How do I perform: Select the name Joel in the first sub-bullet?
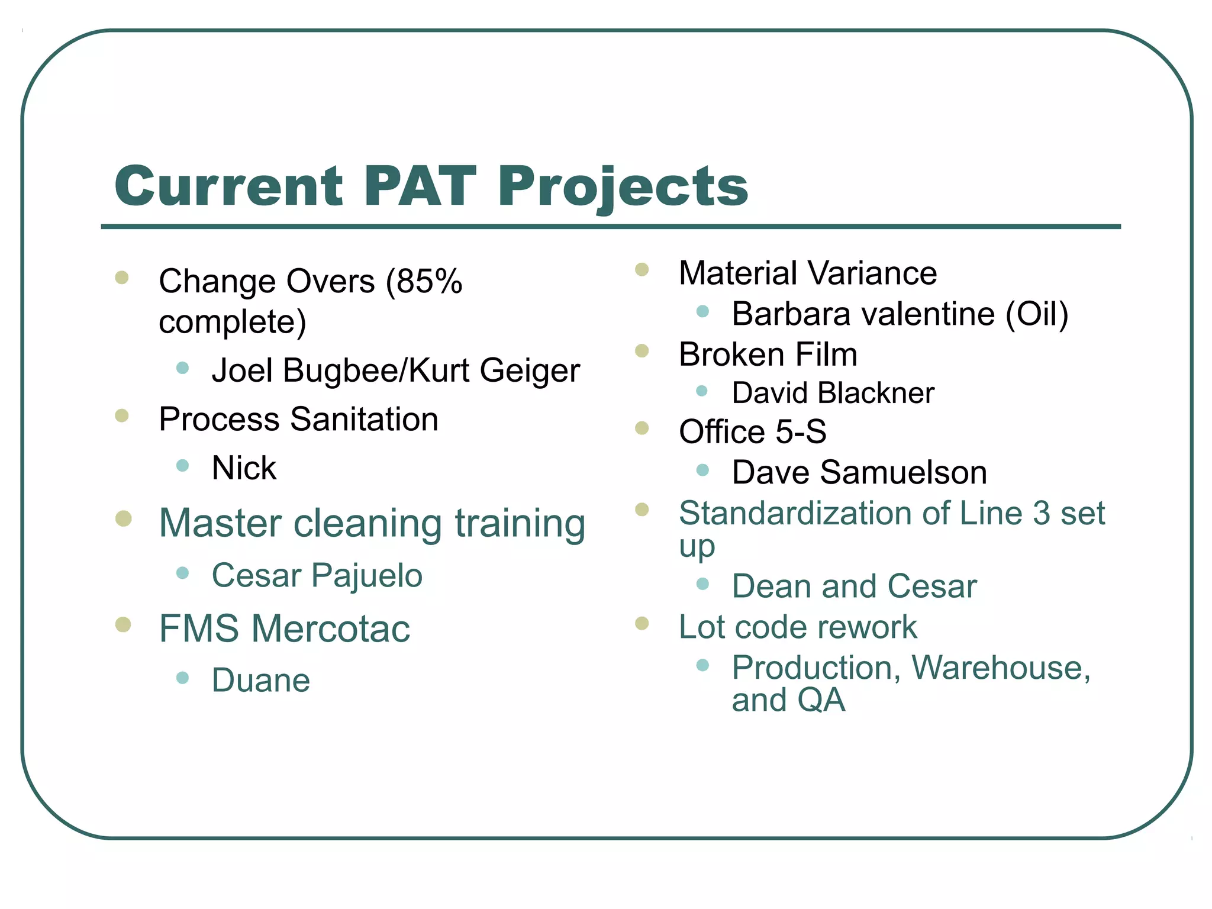(242, 370)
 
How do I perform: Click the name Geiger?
(529, 372)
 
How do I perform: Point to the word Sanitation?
(364, 420)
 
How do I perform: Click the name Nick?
(244, 468)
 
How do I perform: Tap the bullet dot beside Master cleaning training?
(123, 519)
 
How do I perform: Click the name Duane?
(261, 681)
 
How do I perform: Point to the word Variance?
(872, 273)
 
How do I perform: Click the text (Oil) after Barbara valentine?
(1037, 314)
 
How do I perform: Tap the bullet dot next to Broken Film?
(642, 352)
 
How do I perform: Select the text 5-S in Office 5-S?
(801, 431)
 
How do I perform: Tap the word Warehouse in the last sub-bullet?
(1000, 668)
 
